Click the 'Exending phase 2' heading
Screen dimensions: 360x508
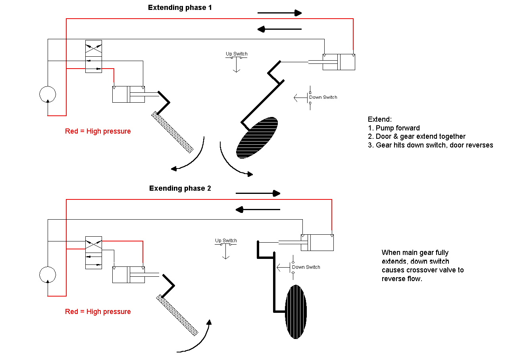[x=180, y=188]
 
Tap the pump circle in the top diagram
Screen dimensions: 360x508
[x=48, y=94]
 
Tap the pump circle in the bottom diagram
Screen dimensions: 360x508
[x=48, y=275]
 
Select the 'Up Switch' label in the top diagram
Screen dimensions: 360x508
[x=237, y=54]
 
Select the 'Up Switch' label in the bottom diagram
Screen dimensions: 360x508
[x=226, y=241]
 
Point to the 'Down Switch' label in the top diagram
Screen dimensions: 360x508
[x=323, y=97]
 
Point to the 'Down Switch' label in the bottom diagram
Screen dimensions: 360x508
[x=306, y=267]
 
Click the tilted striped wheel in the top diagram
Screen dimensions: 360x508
[x=257, y=138]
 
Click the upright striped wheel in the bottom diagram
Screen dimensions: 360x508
[x=296, y=312]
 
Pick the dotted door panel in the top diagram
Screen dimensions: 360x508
[x=173, y=132]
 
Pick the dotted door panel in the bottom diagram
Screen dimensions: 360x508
[x=177, y=315]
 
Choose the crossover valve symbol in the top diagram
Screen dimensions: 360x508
[x=94, y=56]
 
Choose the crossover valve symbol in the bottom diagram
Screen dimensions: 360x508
[x=94, y=253]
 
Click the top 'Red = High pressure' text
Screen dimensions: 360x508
[x=98, y=131]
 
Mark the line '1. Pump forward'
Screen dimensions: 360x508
[x=394, y=128]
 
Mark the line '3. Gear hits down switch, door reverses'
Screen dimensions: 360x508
[x=430, y=145]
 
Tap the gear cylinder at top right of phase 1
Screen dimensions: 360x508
[x=339, y=62]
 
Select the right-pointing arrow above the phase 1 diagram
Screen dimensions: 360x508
[x=279, y=13]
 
